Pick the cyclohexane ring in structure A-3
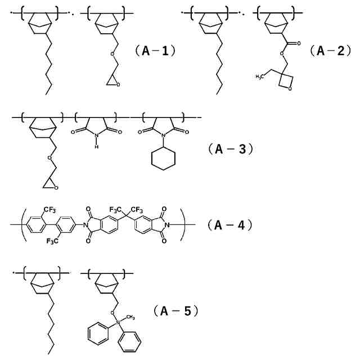pos(164,159)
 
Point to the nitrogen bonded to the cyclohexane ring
pos(164,135)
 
